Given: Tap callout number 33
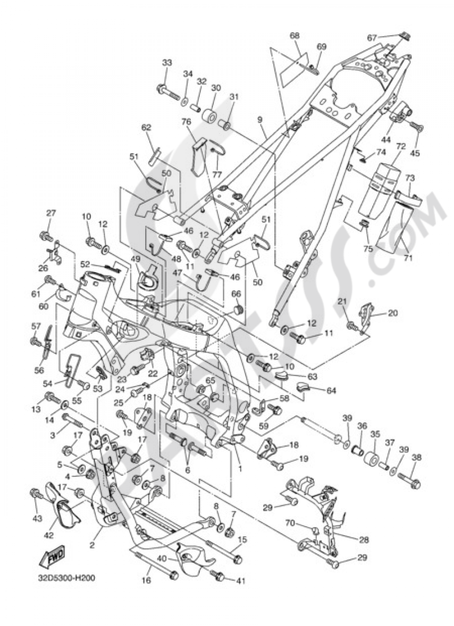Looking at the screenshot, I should (x=167, y=63).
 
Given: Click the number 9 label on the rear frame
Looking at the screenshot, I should (x=260, y=120).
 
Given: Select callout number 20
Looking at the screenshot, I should (x=392, y=313).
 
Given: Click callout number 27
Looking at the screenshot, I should (x=50, y=213).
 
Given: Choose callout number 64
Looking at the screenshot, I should (x=331, y=390).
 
